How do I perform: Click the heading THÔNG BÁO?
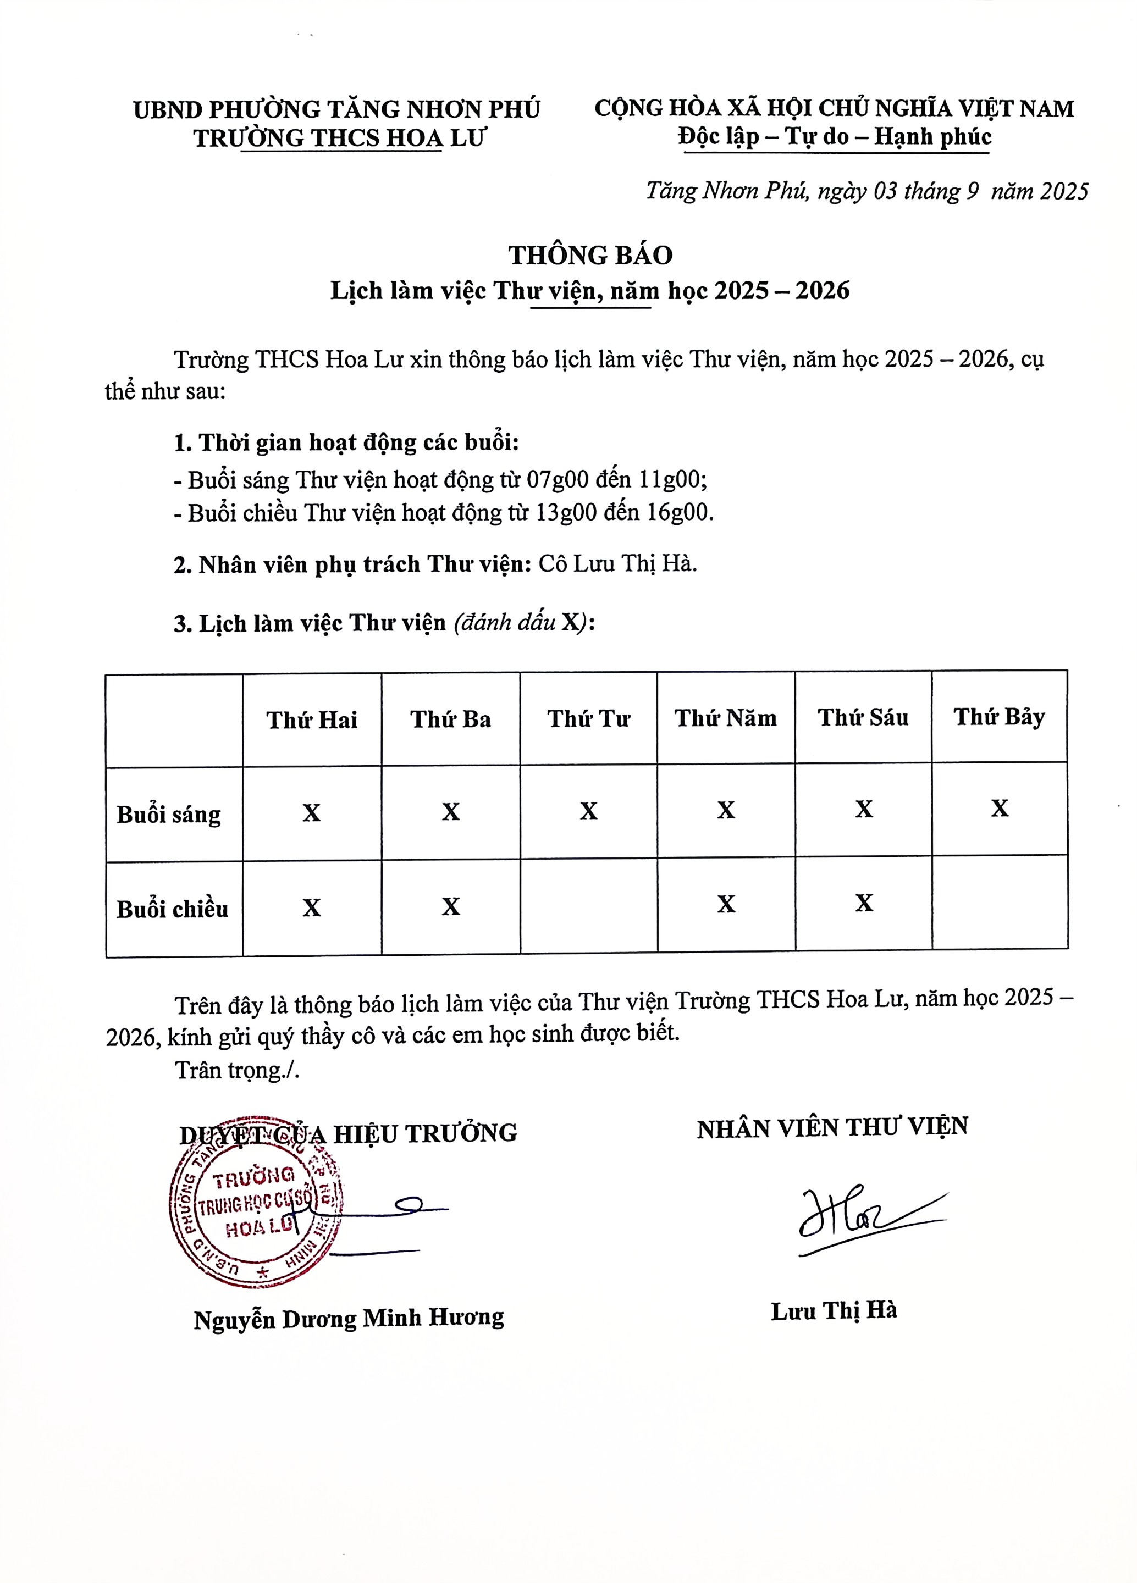590,256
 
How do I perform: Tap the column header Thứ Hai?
311,719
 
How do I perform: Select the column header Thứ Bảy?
999,717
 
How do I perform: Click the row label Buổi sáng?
168,815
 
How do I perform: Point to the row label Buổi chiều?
172,909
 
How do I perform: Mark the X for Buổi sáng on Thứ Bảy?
1000,808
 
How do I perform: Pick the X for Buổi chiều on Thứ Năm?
726,904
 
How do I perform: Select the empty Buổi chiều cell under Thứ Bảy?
1000,902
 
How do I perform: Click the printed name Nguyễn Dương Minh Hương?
348,1319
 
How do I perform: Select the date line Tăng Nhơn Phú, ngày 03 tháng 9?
866,191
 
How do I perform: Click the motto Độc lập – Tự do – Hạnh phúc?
834,136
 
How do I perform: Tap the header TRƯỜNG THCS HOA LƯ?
339,138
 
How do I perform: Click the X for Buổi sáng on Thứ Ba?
450,812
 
